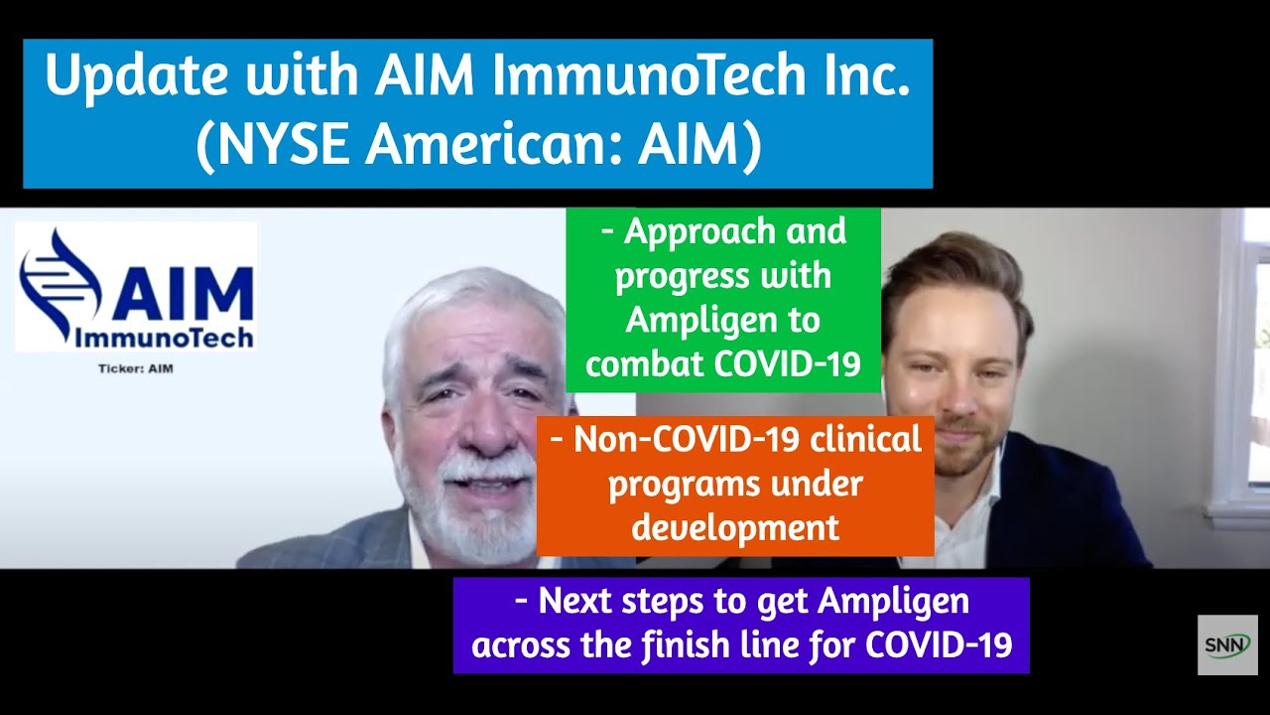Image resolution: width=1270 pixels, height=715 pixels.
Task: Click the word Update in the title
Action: [137, 76]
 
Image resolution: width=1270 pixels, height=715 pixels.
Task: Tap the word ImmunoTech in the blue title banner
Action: [649, 74]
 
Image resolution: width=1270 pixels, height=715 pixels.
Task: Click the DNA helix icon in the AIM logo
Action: [59, 284]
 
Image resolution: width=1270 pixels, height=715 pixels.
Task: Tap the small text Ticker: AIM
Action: [136, 368]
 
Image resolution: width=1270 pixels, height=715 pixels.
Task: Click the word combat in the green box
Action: [645, 363]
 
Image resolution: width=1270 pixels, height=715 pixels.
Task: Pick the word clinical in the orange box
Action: [866, 439]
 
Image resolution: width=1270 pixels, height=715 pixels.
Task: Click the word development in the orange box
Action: [735, 527]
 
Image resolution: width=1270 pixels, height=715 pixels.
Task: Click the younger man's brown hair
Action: [958, 272]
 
